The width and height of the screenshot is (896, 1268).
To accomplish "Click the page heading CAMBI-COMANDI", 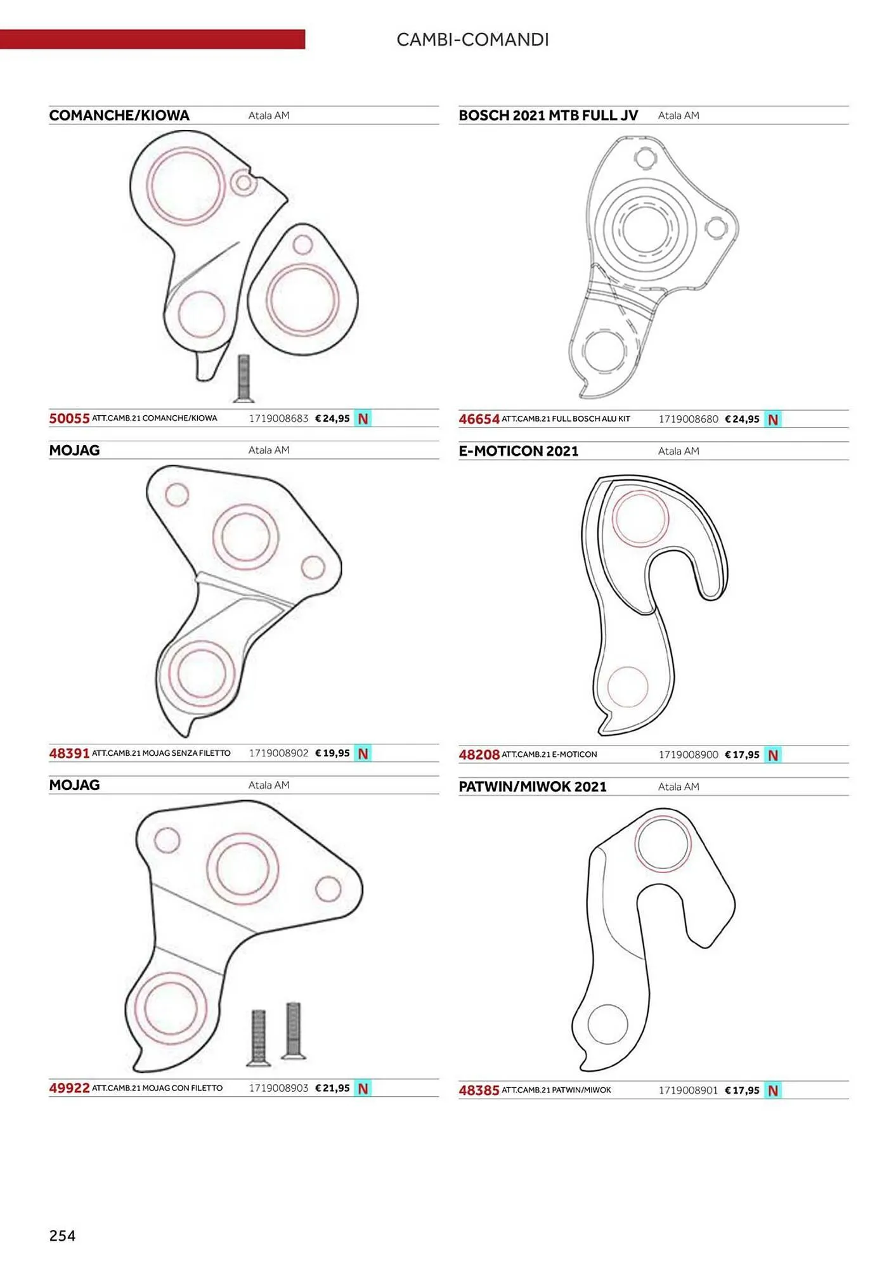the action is click(472, 40).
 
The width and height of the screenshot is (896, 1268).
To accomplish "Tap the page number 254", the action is click(62, 1235).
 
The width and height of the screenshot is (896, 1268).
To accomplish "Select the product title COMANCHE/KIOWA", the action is click(119, 115).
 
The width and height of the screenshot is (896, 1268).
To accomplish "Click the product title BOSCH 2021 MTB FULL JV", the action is click(548, 115).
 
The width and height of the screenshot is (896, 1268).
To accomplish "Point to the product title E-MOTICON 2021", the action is click(519, 451).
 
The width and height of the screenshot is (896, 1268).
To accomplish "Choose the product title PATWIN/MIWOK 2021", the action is click(533, 786).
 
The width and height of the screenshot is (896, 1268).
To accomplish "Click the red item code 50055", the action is click(69, 418).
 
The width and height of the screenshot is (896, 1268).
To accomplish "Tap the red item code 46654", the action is click(479, 419).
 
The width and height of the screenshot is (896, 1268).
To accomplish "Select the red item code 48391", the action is click(69, 753).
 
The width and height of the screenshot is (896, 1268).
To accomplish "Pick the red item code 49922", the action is click(69, 1088).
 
